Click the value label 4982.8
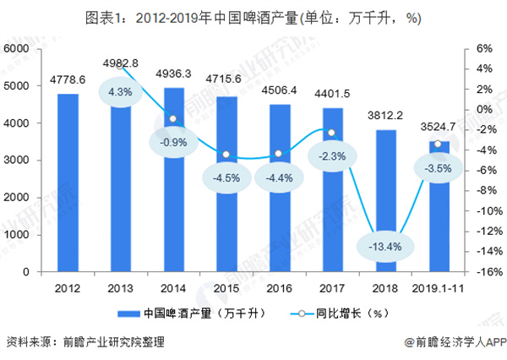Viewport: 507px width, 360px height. click(x=121, y=63)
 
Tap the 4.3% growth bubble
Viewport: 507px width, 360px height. click(x=121, y=92)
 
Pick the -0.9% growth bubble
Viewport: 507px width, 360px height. click(x=174, y=142)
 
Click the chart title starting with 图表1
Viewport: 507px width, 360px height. click(x=253, y=17)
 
